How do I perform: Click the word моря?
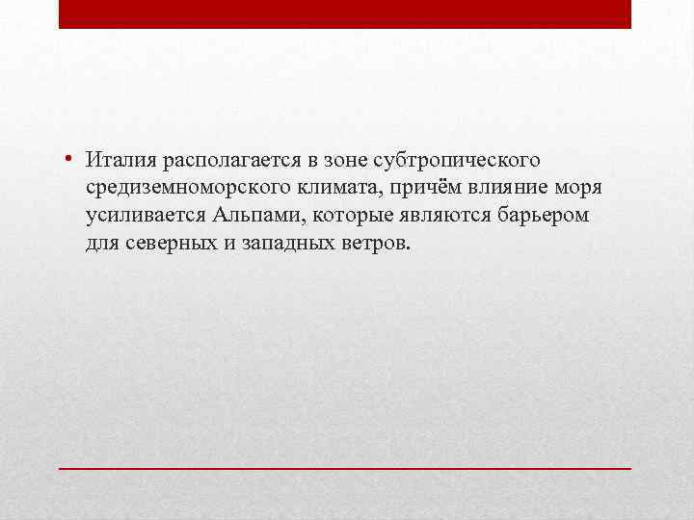click(x=570, y=186)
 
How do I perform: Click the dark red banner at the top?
click(x=345, y=14)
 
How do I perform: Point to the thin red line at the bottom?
click(x=345, y=467)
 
